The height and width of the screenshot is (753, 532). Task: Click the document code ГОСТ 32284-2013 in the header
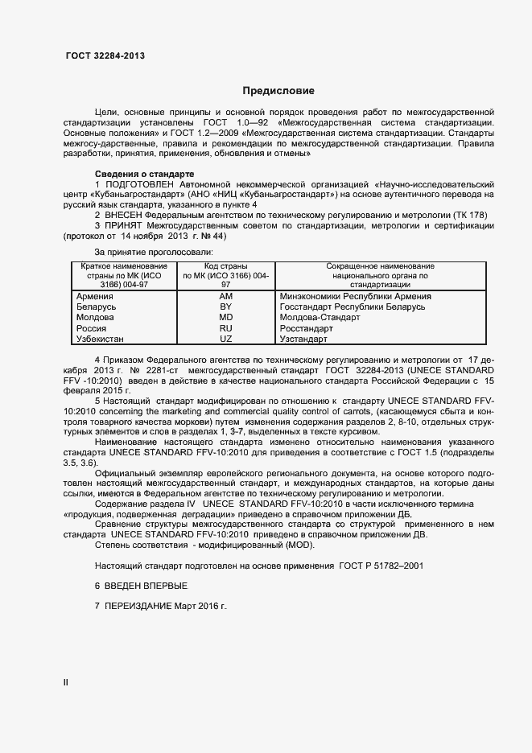(105, 56)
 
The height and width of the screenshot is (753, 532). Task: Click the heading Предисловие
(278, 91)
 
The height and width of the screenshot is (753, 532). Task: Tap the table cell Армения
(93, 297)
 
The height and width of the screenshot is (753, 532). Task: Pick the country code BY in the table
(226, 307)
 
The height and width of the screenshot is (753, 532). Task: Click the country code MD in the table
(226, 318)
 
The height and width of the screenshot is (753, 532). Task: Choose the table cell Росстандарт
(306, 329)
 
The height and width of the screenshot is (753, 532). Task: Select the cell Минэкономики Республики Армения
(355, 297)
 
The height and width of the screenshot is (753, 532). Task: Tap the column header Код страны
(225, 266)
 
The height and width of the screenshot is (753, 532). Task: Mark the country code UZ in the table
(226, 339)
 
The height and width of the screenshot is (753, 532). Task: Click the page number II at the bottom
(66, 682)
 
